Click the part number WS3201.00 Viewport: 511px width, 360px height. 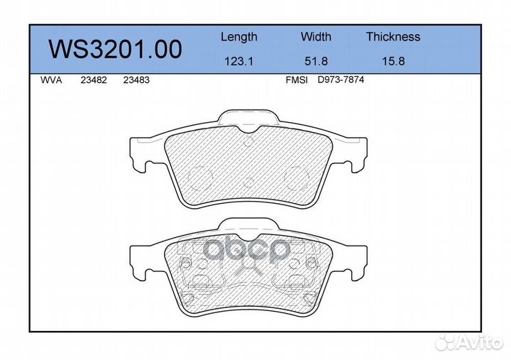click(x=116, y=49)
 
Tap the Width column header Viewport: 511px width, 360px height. click(x=316, y=36)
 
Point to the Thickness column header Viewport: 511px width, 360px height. click(x=393, y=36)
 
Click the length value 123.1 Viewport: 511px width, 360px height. click(x=239, y=61)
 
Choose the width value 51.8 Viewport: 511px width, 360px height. click(x=316, y=61)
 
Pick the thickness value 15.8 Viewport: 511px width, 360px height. click(x=393, y=61)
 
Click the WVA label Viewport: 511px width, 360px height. click(x=51, y=80)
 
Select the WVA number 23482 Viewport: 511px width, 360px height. click(x=94, y=80)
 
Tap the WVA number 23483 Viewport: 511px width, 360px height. click(x=136, y=80)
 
